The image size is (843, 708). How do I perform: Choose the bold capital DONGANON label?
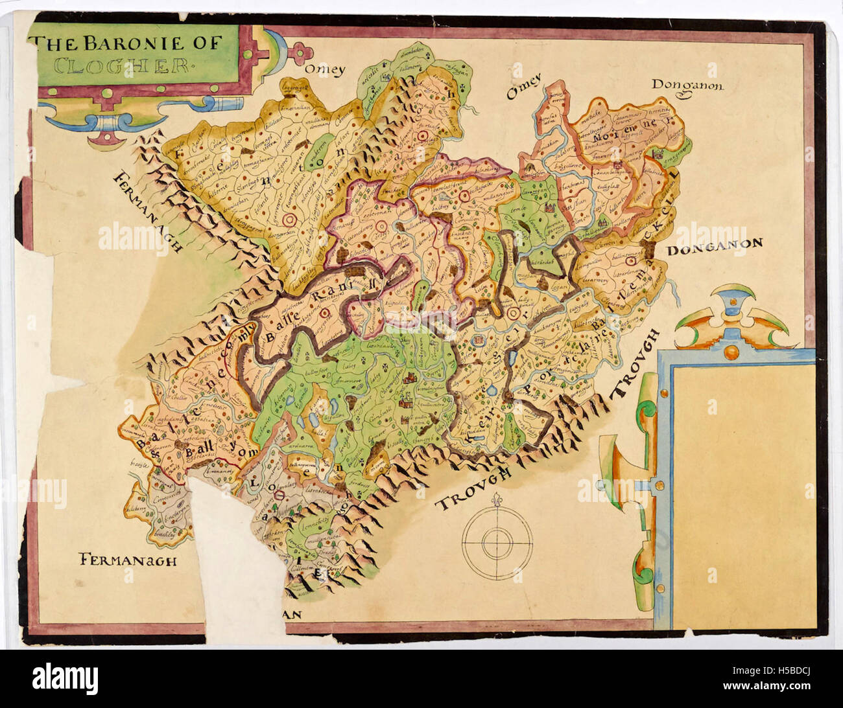tap(715, 245)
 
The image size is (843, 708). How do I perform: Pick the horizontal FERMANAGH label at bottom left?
tap(127, 560)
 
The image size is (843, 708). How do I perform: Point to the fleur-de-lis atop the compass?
tap(497, 501)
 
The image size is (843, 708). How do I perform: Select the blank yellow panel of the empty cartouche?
tap(742, 492)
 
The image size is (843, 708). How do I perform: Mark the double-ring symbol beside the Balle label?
tap(322, 313)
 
